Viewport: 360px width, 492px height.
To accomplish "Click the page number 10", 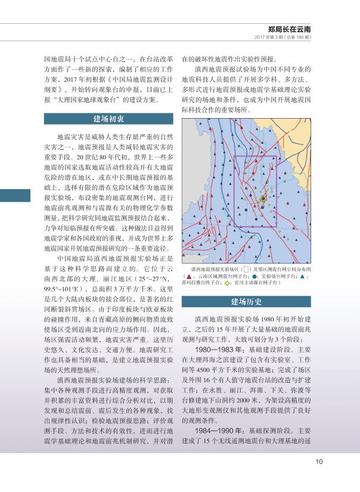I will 319,460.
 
